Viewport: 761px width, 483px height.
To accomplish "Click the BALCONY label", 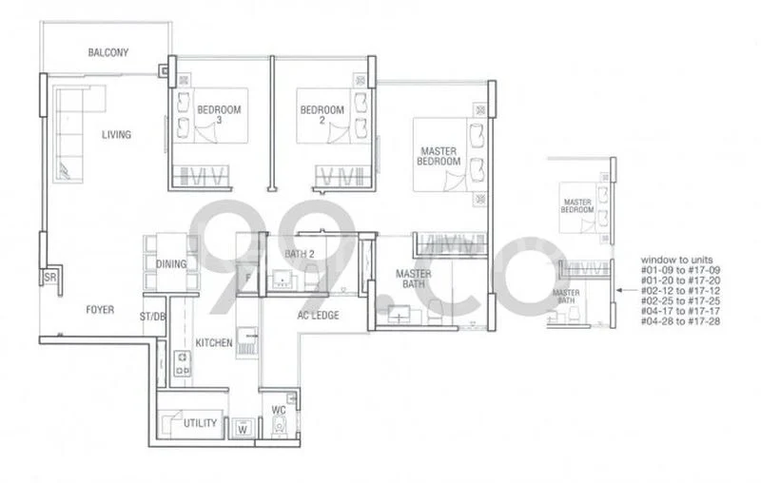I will tap(107, 53).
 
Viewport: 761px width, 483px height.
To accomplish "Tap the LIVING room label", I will tap(116, 135).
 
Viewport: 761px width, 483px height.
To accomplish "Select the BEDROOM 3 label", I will tap(219, 115).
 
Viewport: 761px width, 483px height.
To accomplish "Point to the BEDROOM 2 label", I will tap(321, 115).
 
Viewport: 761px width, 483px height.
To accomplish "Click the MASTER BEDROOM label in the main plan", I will tap(438, 156).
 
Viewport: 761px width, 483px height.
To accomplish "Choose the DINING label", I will tap(171, 264).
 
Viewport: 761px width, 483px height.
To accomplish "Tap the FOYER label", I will tap(99, 310).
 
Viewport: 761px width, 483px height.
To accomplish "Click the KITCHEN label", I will tap(214, 342).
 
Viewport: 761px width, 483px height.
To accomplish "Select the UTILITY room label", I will tap(201, 423).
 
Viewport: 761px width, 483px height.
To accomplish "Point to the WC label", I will tap(279, 412).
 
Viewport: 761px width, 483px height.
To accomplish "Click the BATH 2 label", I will tap(302, 254).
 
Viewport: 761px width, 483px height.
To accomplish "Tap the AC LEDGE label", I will tap(318, 316).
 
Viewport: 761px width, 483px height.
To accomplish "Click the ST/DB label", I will tap(152, 315).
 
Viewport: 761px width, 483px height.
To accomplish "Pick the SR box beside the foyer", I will tap(49, 278).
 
